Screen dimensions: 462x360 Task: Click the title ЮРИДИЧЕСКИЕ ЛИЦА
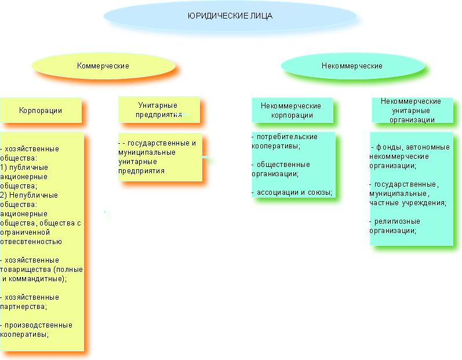[x=230, y=16]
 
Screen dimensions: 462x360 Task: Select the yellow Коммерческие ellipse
[x=104, y=66]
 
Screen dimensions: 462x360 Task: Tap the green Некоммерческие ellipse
[x=352, y=66]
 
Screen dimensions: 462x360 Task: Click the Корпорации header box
[x=41, y=110]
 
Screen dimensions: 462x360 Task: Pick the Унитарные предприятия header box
[x=159, y=110]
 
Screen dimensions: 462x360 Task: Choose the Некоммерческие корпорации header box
[x=292, y=110]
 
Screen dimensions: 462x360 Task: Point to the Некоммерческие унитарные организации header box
[x=412, y=110]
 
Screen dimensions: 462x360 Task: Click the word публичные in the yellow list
[x=28, y=168]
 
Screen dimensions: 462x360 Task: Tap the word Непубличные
[x=34, y=195]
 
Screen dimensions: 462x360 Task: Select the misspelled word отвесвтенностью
[x=31, y=242]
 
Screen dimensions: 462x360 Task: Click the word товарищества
[x=23, y=270]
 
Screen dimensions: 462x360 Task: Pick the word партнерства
[x=23, y=307]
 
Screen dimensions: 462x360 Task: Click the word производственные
[x=39, y=325]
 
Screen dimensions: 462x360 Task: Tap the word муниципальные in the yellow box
[x=147, y=152]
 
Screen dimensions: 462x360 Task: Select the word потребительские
[x=288, y=137]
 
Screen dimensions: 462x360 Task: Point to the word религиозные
[x=397, y=221]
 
